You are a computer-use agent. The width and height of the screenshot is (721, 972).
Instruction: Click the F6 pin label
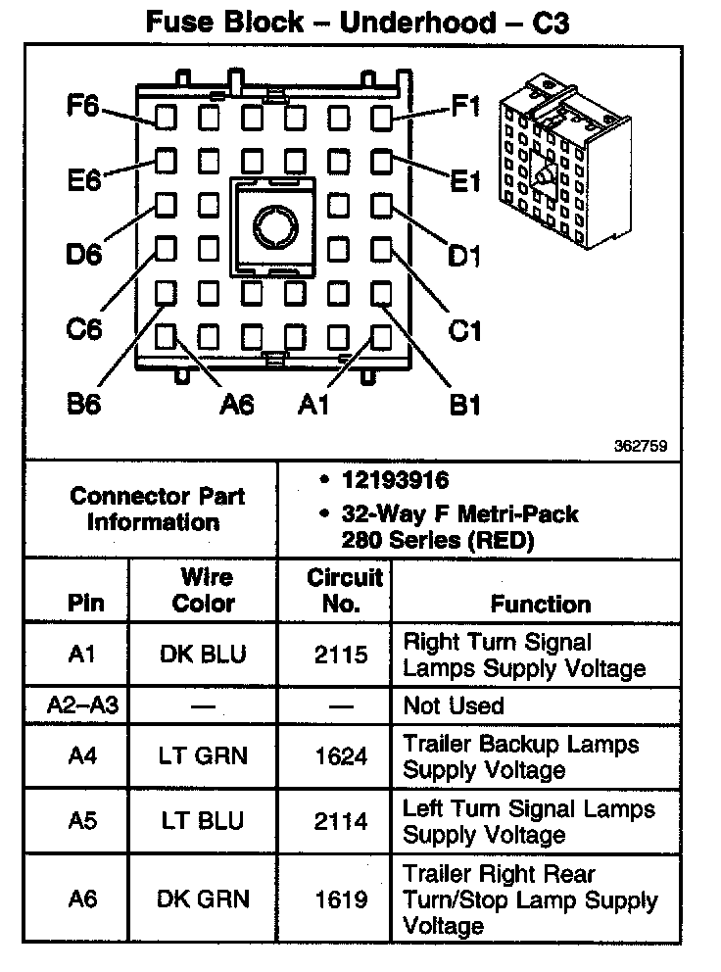click(x=83, y=106)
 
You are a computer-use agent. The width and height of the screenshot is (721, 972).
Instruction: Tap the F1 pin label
click(x=465, y=106)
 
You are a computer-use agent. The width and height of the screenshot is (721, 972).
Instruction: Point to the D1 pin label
click(x=463, y=257)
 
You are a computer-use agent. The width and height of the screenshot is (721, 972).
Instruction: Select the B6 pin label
click(x=84, y=404)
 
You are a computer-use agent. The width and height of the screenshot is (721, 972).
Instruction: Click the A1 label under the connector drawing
click(x=313, y=404)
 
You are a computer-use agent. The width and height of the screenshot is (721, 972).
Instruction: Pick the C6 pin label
click(x=84, y=329)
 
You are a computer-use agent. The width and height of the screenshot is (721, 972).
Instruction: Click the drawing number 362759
click(x=641, y=446)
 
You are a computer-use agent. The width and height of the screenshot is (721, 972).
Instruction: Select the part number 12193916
click(x=395, y=481)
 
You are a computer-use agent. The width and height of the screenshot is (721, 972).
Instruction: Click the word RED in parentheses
click(x=514, y=538)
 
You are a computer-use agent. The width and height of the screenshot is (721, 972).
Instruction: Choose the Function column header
click(x=541, y=604)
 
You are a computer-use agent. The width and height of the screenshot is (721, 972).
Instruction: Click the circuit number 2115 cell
click(x=341, y=655)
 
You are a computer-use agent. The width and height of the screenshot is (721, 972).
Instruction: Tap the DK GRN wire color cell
click(x=204, y=899)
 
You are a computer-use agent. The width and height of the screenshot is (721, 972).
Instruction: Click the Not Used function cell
click(x=454, y=705)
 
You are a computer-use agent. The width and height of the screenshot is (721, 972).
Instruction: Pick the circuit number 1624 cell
click(x=341, y=755)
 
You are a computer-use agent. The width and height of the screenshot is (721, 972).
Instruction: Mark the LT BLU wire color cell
click(x=204, y=821)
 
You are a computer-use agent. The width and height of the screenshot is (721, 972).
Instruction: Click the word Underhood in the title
click(x=417, y=24)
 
